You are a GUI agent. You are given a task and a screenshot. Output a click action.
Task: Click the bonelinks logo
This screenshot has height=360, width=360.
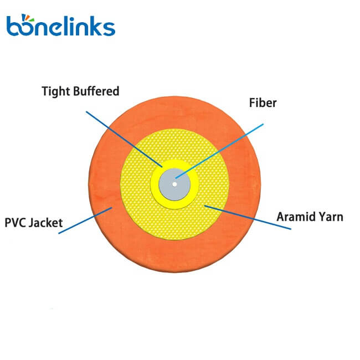click(60, 25)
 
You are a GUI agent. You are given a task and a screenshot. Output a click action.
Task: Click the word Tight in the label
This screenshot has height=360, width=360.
click(55, 92)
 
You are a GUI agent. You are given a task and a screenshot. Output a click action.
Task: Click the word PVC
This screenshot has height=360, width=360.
click(18, 224)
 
